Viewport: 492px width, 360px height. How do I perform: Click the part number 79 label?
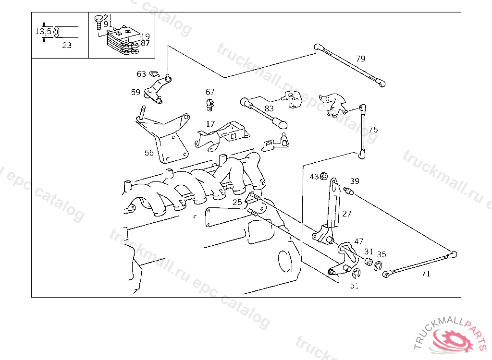pos(360,59)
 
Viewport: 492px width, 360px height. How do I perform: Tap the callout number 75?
pos(373,130)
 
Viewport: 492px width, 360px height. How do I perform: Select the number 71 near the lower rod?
pos(426,274)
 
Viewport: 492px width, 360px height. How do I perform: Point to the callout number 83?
pos(269,109)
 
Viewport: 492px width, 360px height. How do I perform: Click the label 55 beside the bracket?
pos(149,153)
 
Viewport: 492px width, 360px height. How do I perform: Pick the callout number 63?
pos(141,74)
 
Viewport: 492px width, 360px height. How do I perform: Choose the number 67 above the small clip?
pos(210,92)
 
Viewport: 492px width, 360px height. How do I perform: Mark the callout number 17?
pos(210,124)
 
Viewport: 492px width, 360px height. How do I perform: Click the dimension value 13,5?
pos(43,31)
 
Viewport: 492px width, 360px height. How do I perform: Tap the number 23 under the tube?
pos(67,46)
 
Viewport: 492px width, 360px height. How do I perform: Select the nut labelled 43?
pos(323,176)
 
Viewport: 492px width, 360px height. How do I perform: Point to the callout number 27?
pos(347,214)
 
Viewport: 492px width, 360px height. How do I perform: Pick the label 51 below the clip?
pos(354,286)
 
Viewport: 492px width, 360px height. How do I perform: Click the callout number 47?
pos(359,241)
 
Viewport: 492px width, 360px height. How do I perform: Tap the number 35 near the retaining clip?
pos(381,254)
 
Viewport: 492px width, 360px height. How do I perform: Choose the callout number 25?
pos(237,202)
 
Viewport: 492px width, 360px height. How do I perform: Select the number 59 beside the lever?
pos(135,92)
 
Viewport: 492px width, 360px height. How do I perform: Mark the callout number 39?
pos(354,181)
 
